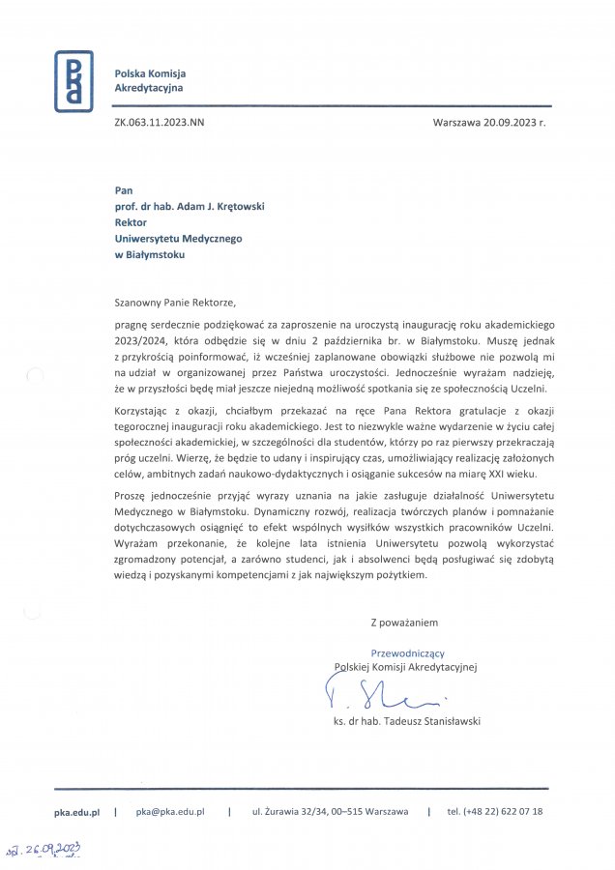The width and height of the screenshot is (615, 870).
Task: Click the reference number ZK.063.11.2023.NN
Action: [x=159, y=123]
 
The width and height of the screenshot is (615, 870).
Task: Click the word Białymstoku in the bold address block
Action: [x=155, y=255]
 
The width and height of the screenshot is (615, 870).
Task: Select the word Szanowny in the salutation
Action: [x=138, y=300]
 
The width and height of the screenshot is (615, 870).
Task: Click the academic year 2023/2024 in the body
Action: [x=138, y=340]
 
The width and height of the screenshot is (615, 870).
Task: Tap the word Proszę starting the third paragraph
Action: [x=130, y=494]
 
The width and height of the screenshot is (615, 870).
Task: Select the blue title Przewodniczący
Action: [x=408, y=653]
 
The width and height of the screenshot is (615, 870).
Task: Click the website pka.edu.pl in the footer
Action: [x=76, y=812]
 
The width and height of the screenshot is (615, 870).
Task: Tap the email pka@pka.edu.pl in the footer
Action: [x=170, y=812]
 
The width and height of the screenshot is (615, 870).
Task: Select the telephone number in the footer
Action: [x=495, y=812]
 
